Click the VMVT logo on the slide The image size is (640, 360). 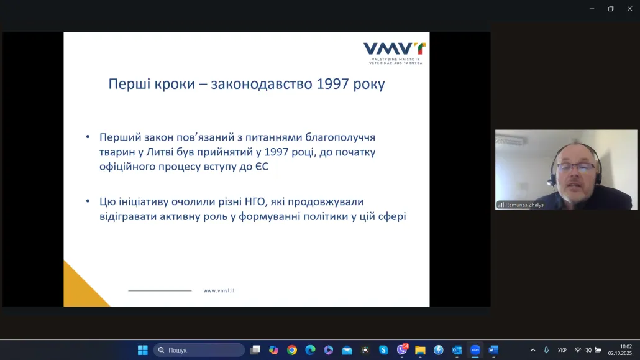pos(395,53)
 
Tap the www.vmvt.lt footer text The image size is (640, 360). pos(219,290)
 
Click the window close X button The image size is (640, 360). pos(630,9)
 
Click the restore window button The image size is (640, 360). pos(611,9)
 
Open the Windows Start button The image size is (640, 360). pos(143,350)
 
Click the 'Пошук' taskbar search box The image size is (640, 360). pos(199,350)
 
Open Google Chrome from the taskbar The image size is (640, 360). pos(292,350)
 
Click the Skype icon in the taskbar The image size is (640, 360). pos(383,350)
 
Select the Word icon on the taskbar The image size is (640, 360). pos(493,350)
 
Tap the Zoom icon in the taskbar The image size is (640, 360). pos(475,350)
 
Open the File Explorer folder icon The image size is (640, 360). pos(421,350)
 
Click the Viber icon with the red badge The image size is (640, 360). pos(402,350)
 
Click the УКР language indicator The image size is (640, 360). pos(562,350)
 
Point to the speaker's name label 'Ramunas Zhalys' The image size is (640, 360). pos(524,205)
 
